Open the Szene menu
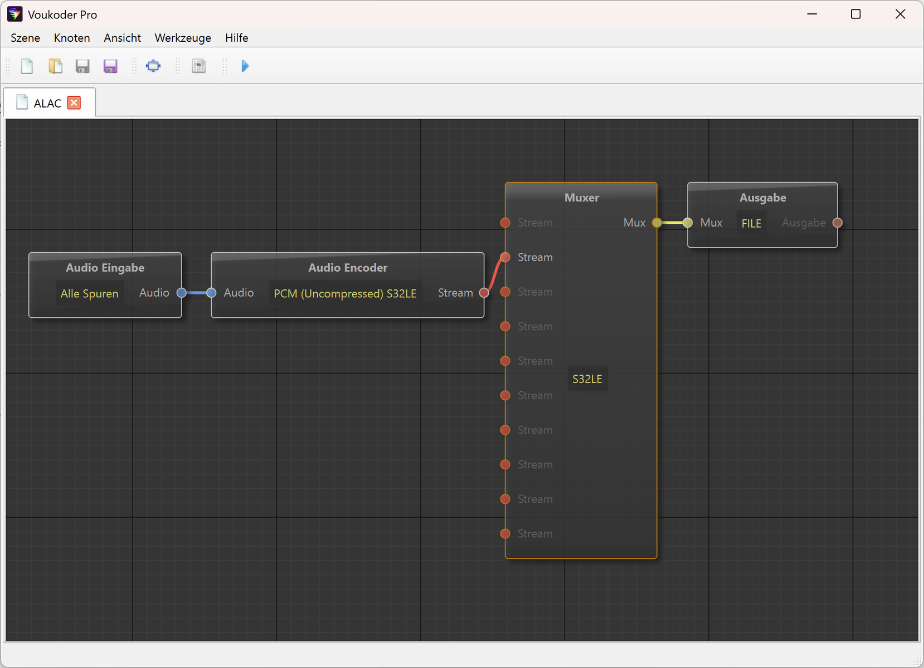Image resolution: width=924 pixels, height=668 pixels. coord(25,38)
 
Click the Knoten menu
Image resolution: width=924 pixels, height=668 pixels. coord(72,38)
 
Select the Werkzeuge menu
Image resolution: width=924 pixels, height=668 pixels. coord(183,38)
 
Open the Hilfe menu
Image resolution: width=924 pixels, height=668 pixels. coord(236,38)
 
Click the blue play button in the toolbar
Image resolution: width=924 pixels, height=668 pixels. coord(245,66)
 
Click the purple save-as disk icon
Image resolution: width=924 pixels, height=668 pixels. coord(110,66)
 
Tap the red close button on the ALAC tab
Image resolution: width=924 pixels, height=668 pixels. coord(74,102)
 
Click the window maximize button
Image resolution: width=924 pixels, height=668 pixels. coord(855,14)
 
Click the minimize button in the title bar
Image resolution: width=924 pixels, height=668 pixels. coord(812,14)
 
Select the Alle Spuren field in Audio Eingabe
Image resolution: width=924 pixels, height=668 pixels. coord(90,293)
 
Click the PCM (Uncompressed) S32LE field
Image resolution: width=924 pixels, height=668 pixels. coord(345,293)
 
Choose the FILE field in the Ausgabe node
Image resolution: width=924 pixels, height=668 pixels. coord(751,223)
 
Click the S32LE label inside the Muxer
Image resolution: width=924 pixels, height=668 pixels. coord(587,379)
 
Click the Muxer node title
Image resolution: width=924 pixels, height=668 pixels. coord(581,198)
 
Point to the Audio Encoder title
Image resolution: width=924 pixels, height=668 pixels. coord(348,267)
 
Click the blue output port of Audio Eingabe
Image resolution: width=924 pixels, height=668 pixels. coord(181,293)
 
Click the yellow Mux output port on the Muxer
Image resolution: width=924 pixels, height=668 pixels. coord(656,223)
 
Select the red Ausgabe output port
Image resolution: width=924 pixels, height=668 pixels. coord(837,223)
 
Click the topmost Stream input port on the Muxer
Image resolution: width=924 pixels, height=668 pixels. coord(505,223)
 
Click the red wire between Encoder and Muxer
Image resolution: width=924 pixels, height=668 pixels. coord(494,275)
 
